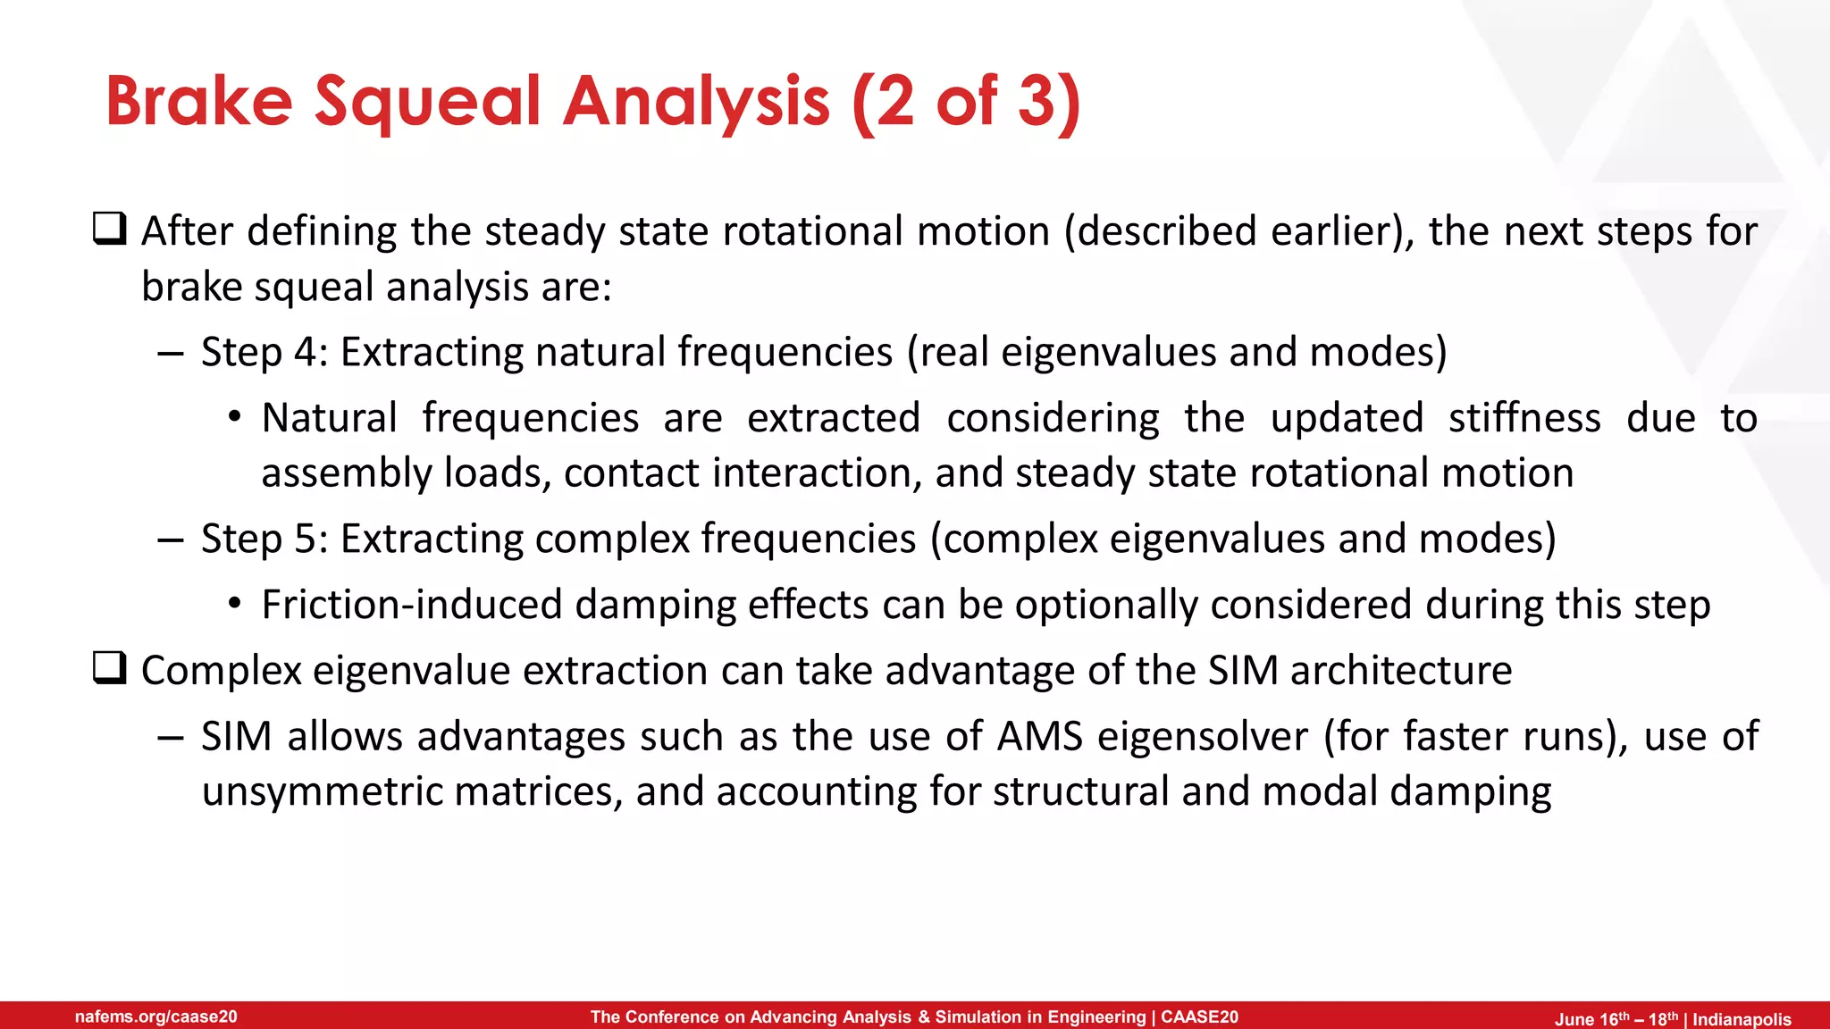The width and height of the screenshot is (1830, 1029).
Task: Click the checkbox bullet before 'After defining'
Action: pos(110,230)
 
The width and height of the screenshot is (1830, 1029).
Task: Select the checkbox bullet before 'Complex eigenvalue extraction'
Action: pos(110,668)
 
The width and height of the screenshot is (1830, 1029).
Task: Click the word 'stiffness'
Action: pos(1524,418)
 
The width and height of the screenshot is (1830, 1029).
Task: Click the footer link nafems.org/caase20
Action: pos(156,1016)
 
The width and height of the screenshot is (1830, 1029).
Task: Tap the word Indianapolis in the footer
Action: pos(1742,1019)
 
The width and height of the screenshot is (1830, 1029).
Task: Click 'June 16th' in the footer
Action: pos(1592,1019)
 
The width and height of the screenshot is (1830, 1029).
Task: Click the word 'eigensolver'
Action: pos(1202,737)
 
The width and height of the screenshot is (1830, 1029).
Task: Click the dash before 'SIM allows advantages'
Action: pos(170,738)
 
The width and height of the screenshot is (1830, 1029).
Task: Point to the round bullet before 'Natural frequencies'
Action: pos(234,418)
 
